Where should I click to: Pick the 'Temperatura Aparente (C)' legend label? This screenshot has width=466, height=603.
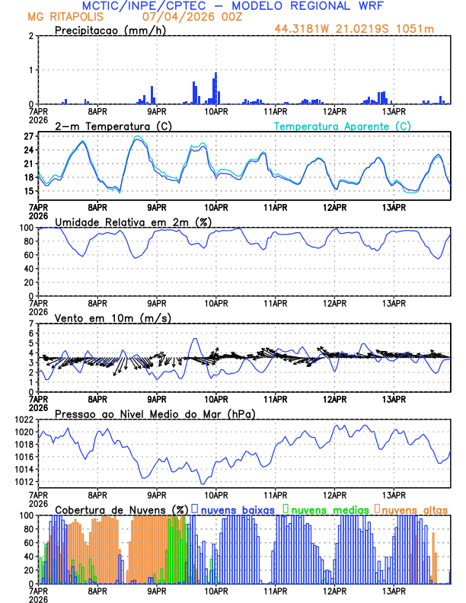point(342,126)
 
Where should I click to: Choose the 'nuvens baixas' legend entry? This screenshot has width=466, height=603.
point(240,509)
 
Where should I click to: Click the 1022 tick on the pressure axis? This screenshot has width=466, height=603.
point(21,420)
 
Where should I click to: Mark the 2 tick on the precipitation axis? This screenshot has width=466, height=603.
point(31,36)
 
